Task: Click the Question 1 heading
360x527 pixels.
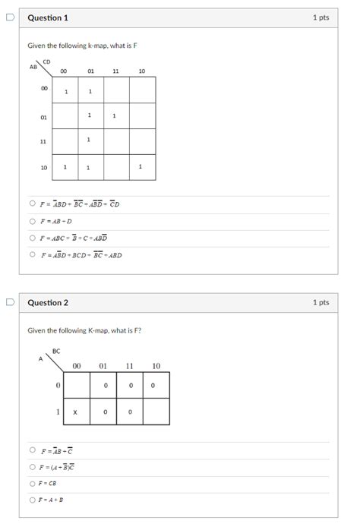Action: tap(48, 17)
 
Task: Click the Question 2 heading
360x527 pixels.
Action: tap(48, 302)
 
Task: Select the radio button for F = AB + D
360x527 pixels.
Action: tap(32, 221)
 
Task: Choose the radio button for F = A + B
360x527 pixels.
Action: tap(32, 500)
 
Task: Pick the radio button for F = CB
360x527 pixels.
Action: tap(32, 483)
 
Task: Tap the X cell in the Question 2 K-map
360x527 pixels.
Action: tap(75, 412)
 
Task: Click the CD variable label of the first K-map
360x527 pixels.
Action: tap(47, 62)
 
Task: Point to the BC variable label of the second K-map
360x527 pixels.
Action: tap(57, 351)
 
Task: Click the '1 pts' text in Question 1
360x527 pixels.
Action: tap(321, 17)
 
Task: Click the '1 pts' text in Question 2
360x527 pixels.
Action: tap(321, 302)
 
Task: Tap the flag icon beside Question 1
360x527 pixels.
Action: tap(9, 17)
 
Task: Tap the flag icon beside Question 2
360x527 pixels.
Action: tap(9, 302)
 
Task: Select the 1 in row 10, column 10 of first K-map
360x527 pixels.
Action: tap(141, 167)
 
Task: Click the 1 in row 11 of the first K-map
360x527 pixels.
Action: tap(90, 140)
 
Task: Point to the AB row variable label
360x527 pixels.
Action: tap(33, 67)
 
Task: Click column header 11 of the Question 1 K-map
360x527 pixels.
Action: tap(115, 71)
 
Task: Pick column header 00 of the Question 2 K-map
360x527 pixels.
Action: tap(77, 366)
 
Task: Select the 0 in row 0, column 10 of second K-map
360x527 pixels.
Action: tap(154, 386)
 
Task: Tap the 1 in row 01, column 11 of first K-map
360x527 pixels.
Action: tap(115, 116)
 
